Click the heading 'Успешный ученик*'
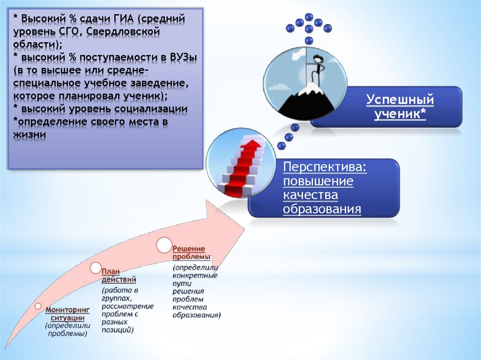click(x=400, y=107)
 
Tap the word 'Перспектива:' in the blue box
click(x=325, y=167)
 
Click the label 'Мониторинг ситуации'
click(x=68, y=314)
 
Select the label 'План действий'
click(x=119, y=276)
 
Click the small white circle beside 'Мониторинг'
click(x=38, y=306)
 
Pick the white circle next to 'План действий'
click(x=96, y=268)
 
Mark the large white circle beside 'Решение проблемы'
click(x=163, y=245)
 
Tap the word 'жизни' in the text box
click(x=30, y=135)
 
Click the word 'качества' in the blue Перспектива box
click(x=310, y=195)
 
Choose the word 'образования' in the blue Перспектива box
click(x=322, y=209)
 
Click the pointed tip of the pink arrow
click(x=244, y=229)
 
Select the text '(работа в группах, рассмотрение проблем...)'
click(x=127, y=310)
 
